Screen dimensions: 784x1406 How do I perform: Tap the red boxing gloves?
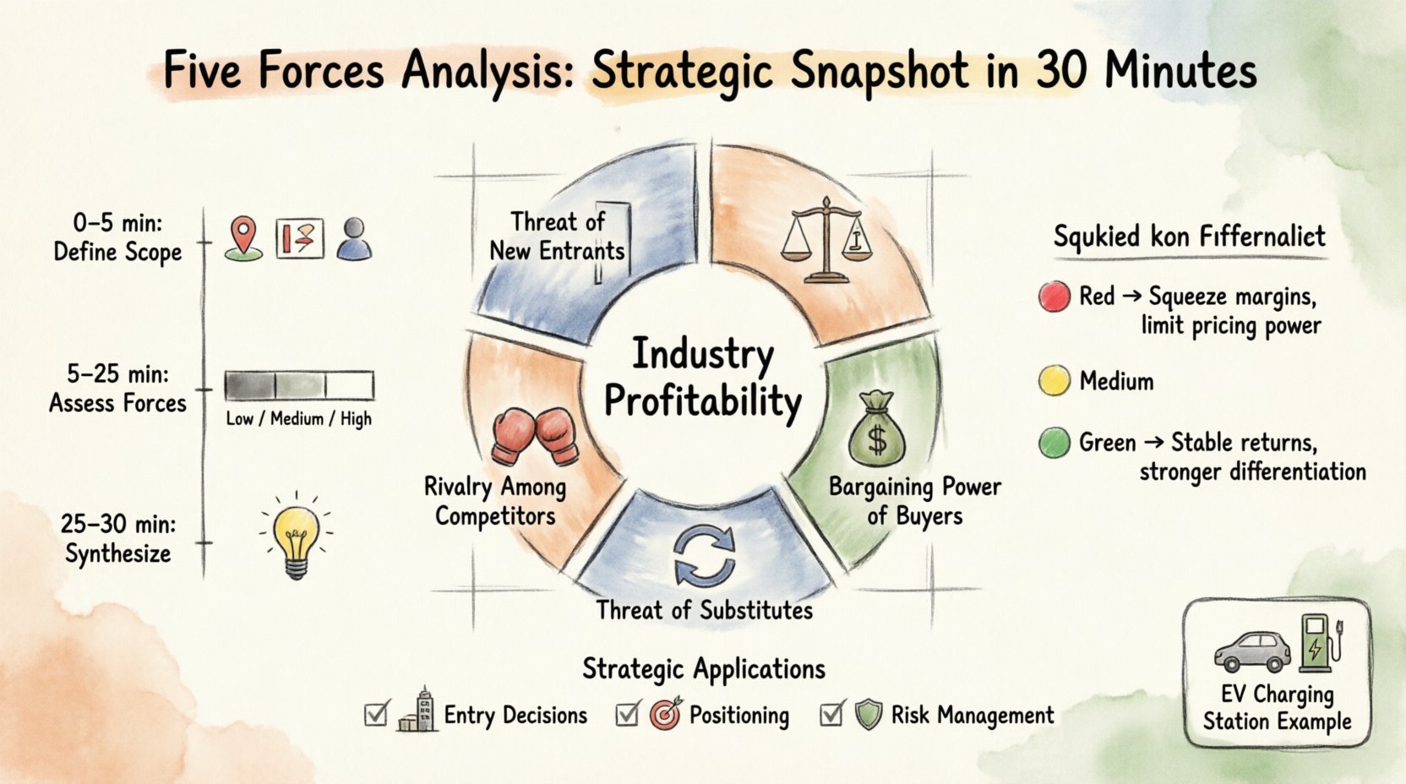coord(535,436)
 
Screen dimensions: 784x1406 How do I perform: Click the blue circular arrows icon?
coord(704,555)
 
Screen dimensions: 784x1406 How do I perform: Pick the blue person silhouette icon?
coord(354,239)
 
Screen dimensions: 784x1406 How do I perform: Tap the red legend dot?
coord(1054,297)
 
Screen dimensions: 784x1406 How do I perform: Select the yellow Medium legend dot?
coord(1054,381)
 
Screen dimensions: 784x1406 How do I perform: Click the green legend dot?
coord(1054,443)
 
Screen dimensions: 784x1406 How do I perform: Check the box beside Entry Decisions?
coord(376,714)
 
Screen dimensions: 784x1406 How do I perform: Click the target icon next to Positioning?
coord(666,715)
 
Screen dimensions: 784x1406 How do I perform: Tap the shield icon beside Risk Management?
coord(868,715)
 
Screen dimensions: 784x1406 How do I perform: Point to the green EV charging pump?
coord(1316,643)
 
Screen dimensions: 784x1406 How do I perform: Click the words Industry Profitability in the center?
coord(703,378)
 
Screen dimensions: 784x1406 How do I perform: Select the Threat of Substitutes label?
coord(704,610)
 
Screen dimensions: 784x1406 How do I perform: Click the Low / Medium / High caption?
coord(298,419)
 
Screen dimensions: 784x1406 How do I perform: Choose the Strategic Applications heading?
coord(703,669)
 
